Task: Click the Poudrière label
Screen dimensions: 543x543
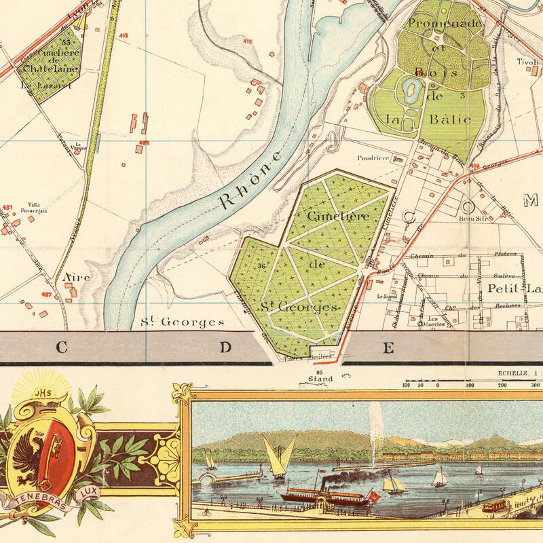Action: pyautogui.click(x=373, y=157)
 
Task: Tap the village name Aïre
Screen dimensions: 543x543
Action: pyautogui.click(x=76, y=278)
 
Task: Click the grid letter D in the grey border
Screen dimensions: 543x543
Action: pyautogui.click(x=225, y=348)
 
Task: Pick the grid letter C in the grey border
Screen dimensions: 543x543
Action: pyautogui.click(x=61, y=348)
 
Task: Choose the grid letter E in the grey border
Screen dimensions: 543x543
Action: pyautogui.click(x=388, y=348)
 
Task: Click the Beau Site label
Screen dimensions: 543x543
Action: pyautogui.click(x=474, y=219)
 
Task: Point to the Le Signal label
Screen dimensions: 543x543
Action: pyautogui.click(x=388, y=297)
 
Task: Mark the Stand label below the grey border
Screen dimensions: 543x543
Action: pyautogui.click(x=320, y=379)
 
